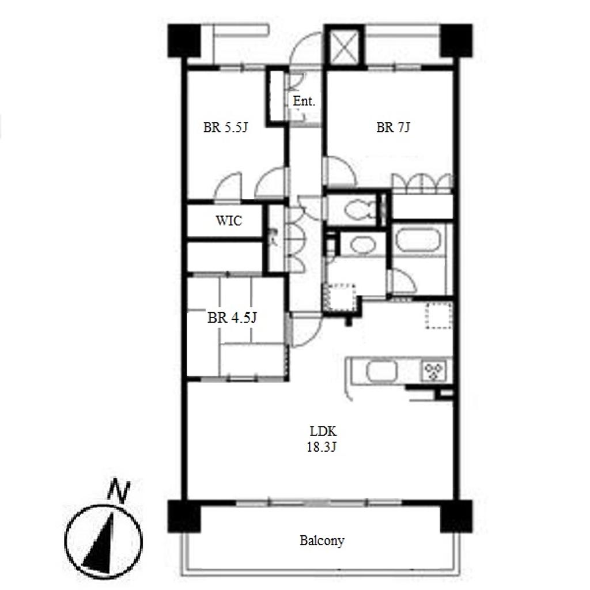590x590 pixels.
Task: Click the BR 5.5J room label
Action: click(225, 127)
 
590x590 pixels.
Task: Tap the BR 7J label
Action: click(393, 127)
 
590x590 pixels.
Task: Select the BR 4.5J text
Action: click(232, 318)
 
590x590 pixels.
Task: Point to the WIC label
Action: click(229, 221)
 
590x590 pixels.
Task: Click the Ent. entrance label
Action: click(304, 101)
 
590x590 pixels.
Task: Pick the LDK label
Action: click(323, 431)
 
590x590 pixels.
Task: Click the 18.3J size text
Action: click(322, 447)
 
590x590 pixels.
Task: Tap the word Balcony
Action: click(322, 540)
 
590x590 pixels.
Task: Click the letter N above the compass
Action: click(119, 491)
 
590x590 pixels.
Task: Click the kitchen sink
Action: click(381, 371)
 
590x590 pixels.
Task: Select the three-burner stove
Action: click(433, 370)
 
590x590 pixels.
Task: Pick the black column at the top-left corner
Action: click(184, 41)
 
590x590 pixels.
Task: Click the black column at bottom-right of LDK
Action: click(456, 516)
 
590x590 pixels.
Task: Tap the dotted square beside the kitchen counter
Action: click(438, 315)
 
